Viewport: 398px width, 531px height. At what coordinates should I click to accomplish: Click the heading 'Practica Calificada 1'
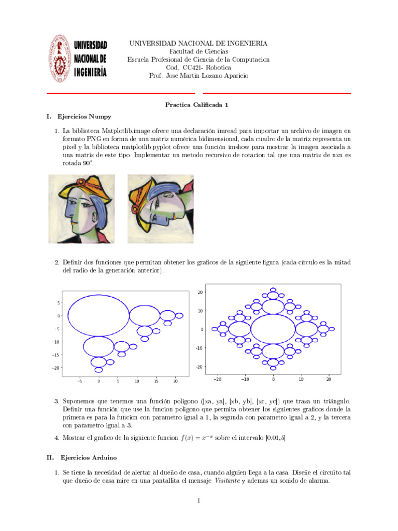pyautogui.click(x=196, y=104)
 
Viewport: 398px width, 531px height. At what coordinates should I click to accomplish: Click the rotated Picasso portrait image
pyautogui.click(x=160, y=208)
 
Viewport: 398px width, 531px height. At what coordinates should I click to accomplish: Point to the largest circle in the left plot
pyautogui.click(x=99, y=315)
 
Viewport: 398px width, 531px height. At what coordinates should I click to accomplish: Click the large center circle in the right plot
pyautogui.click(x=273, y=329)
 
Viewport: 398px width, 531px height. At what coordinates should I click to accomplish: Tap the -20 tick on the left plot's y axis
pyautogui.click(x=55, y=368)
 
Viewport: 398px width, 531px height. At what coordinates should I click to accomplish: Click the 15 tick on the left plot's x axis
pyautogui.click(x=156, y=381)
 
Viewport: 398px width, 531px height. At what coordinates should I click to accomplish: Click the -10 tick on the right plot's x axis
pyautogui.click(x=245, y=379)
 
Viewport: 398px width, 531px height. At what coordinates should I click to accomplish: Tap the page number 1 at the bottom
pyautogui.click(x=198, y=501)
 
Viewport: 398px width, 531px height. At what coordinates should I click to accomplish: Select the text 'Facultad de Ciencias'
pyautogui.click(x=198, y=51)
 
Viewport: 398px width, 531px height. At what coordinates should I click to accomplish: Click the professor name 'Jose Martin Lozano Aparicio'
pyautogui.click(x=208, y=76)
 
